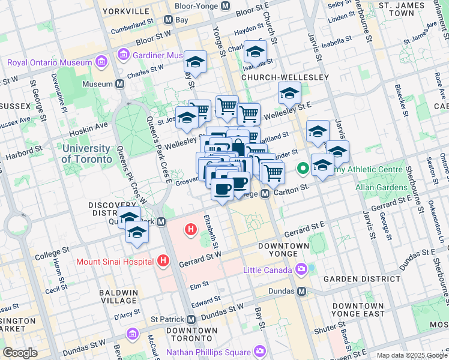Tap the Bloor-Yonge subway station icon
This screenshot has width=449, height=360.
pyautogui.click(x=226, y=6)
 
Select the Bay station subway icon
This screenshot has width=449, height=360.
pyautogui.click(x=168, y=19)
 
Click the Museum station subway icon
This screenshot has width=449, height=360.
pyautogui.click(x=120, y=84)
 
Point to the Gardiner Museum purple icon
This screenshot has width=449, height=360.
pyautogui.click(x=124, y=56)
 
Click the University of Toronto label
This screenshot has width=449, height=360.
pyautogui.click(x=86, y=154)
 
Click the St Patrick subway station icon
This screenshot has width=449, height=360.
pyautogui.click(x=191, y=319)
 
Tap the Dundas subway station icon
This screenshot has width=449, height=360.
pyautogui.click(x=302, y=291)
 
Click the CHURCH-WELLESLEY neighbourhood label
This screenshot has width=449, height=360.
pyautogui.click(x=285, y=78)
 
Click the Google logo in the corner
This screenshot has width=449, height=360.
pyautogui.click(x=20, y=352)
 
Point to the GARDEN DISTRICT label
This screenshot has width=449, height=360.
pyautogui.click(x=353, y=280)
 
